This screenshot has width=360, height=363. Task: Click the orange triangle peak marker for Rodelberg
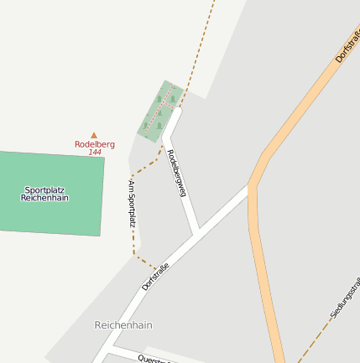tap(94, 135)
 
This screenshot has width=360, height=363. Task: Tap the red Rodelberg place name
tap(94, 144)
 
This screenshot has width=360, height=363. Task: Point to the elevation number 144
tap(95, 153)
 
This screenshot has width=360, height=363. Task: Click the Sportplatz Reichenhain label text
tap(45, 194)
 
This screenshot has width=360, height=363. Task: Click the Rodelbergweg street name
tap(176, 173)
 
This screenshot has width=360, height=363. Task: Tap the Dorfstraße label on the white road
tap(156, 276)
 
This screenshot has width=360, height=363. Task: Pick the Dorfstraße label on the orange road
tap(347, 45)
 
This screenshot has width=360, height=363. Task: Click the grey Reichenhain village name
tap(123, 324)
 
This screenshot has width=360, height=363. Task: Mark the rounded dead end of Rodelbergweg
tap(176, 111)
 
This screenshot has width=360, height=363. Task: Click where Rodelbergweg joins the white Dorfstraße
tap(198, 231)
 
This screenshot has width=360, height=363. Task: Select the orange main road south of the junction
tap(265, 285)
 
